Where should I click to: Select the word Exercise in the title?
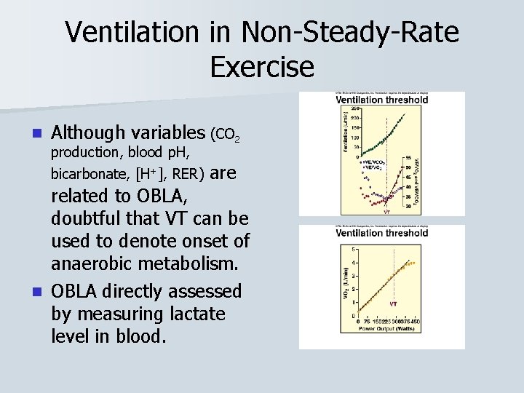pos(262,67)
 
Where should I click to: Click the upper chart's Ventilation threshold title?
pos(381,100)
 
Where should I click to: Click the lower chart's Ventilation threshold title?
pos(381,233)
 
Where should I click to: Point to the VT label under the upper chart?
pos(386,212)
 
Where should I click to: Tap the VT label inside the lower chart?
pos(393,303)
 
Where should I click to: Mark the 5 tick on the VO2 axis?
pos(354,249)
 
